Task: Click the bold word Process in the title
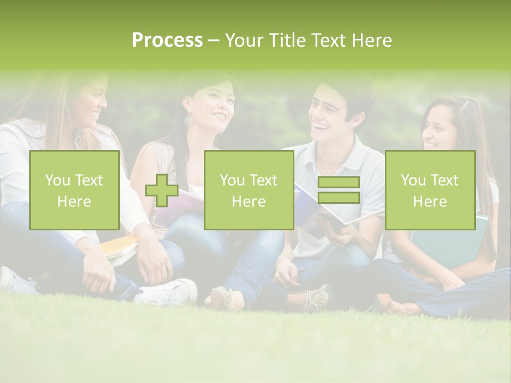coord(167,40)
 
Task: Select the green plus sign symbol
coord(162,190)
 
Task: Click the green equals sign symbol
coord(339,190)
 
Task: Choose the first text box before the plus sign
coord(74,190)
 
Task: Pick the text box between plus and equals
coord(249,190)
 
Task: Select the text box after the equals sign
coord(430,190)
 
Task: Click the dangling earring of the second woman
coord(188,121)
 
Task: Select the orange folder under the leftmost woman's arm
coord(120,247)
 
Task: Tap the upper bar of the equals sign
coord(339,182)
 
